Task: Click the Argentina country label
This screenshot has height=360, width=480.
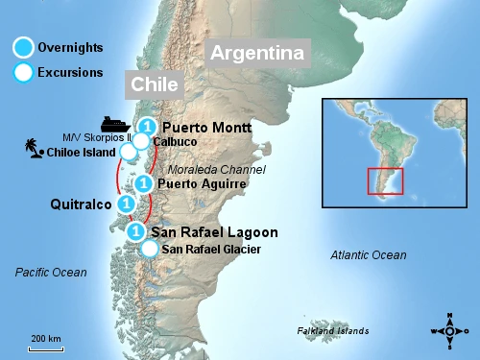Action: tap(258, 54)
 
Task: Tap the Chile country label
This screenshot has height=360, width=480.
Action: tap(155, 84)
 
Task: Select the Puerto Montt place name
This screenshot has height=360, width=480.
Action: tap(206, 127)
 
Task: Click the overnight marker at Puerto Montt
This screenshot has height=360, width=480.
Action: tap(146, 127)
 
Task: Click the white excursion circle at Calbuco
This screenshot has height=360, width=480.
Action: tap(141, 141)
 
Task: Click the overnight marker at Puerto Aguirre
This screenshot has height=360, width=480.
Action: tap(143, 182)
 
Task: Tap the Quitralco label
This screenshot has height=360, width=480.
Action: tap(81, 204)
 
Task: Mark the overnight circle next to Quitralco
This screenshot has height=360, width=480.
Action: tap(126, 204)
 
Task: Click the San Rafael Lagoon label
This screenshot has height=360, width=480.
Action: tap(215, 232)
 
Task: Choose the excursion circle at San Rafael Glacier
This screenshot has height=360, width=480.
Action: tap(149, 250)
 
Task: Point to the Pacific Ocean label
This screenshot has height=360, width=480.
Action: tap(51, 273)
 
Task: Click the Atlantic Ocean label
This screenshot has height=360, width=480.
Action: tap(368, 255)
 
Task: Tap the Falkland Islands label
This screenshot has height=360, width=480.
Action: tap(333, 331)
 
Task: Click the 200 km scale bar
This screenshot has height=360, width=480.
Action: tap(45, 347)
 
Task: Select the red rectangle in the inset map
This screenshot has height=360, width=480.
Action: tap(385, 180)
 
